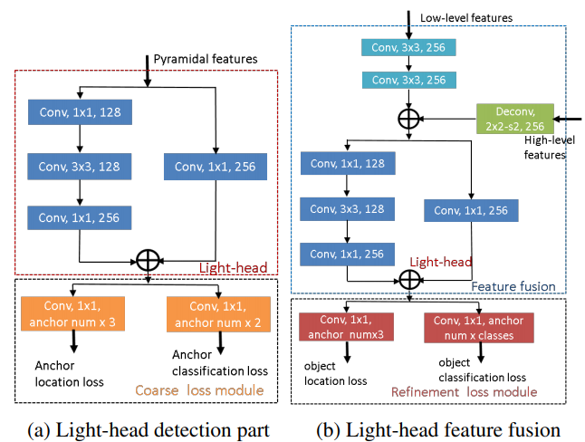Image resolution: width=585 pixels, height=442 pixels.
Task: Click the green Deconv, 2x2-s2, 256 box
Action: (x=515, y=119)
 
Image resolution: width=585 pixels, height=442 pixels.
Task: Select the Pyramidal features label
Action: (x=206, y=59)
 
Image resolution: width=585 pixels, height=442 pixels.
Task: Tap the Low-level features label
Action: (x=466, y=18)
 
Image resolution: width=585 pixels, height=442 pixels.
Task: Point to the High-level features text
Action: (x=549, y=148)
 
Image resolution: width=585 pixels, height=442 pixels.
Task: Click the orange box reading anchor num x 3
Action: (x=72, y=313)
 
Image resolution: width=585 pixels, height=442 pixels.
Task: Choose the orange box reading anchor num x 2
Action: (x=218, y=314)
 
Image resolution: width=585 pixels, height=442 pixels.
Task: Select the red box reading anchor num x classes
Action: (x=479, y=328)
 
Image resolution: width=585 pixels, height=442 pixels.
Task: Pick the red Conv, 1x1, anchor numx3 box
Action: (x=346, y=327)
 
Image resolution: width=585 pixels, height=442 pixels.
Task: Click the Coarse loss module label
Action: (x=199, y=390)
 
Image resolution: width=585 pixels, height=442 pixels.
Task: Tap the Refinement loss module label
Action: (x=465, y=392)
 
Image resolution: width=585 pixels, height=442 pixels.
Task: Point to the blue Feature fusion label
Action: (x=513, y=287)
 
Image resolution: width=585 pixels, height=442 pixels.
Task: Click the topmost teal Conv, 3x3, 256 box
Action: (x=408, y=47)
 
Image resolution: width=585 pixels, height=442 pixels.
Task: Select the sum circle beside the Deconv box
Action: (x=409, y=119)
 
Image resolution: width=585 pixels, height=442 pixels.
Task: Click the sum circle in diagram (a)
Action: (x=149, y=260)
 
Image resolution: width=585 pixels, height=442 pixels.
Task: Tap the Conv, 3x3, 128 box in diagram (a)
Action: (x=80, y=167)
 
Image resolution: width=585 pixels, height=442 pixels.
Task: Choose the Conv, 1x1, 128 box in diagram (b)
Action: (x=348, y=163)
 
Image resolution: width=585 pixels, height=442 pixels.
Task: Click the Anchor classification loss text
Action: (x=220, y=363)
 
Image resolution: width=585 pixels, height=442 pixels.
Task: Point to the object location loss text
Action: (x=335, y=373)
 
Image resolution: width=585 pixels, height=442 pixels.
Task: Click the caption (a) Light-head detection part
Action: (x=149, y=429)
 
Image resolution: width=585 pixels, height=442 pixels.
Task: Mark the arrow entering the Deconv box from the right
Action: (x=568, y=119)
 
